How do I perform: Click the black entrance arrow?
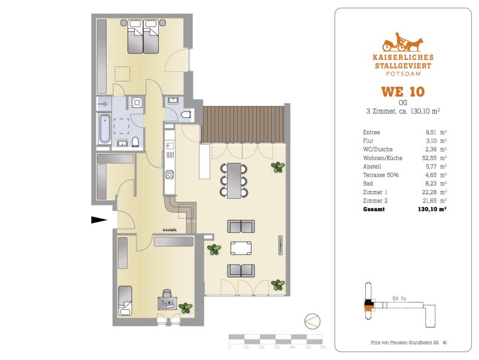tap(99, 219)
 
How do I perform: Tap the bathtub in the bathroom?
tap(104, 129)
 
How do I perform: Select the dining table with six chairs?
tap(234, 181)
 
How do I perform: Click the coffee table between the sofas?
tap(241, 248)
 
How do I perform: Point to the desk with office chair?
tap(168, 302)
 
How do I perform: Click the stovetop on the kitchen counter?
tap(169, 174)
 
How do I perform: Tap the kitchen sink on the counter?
tap(169, 146)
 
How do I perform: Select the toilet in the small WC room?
tap(186, 115)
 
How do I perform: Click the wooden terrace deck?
tap(243, 125)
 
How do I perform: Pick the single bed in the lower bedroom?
tap(125, 301)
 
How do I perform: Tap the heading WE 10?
tap(403, 92)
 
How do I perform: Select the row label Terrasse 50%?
tap(381, 175)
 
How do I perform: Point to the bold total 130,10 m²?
tap(432, 209)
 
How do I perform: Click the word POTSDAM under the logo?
tap(403, 74)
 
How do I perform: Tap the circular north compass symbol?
tap(312, 322)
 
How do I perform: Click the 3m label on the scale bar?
tap(277, 347)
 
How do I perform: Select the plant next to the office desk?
tap(186, 307)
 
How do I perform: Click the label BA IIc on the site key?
tap(399, 298)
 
